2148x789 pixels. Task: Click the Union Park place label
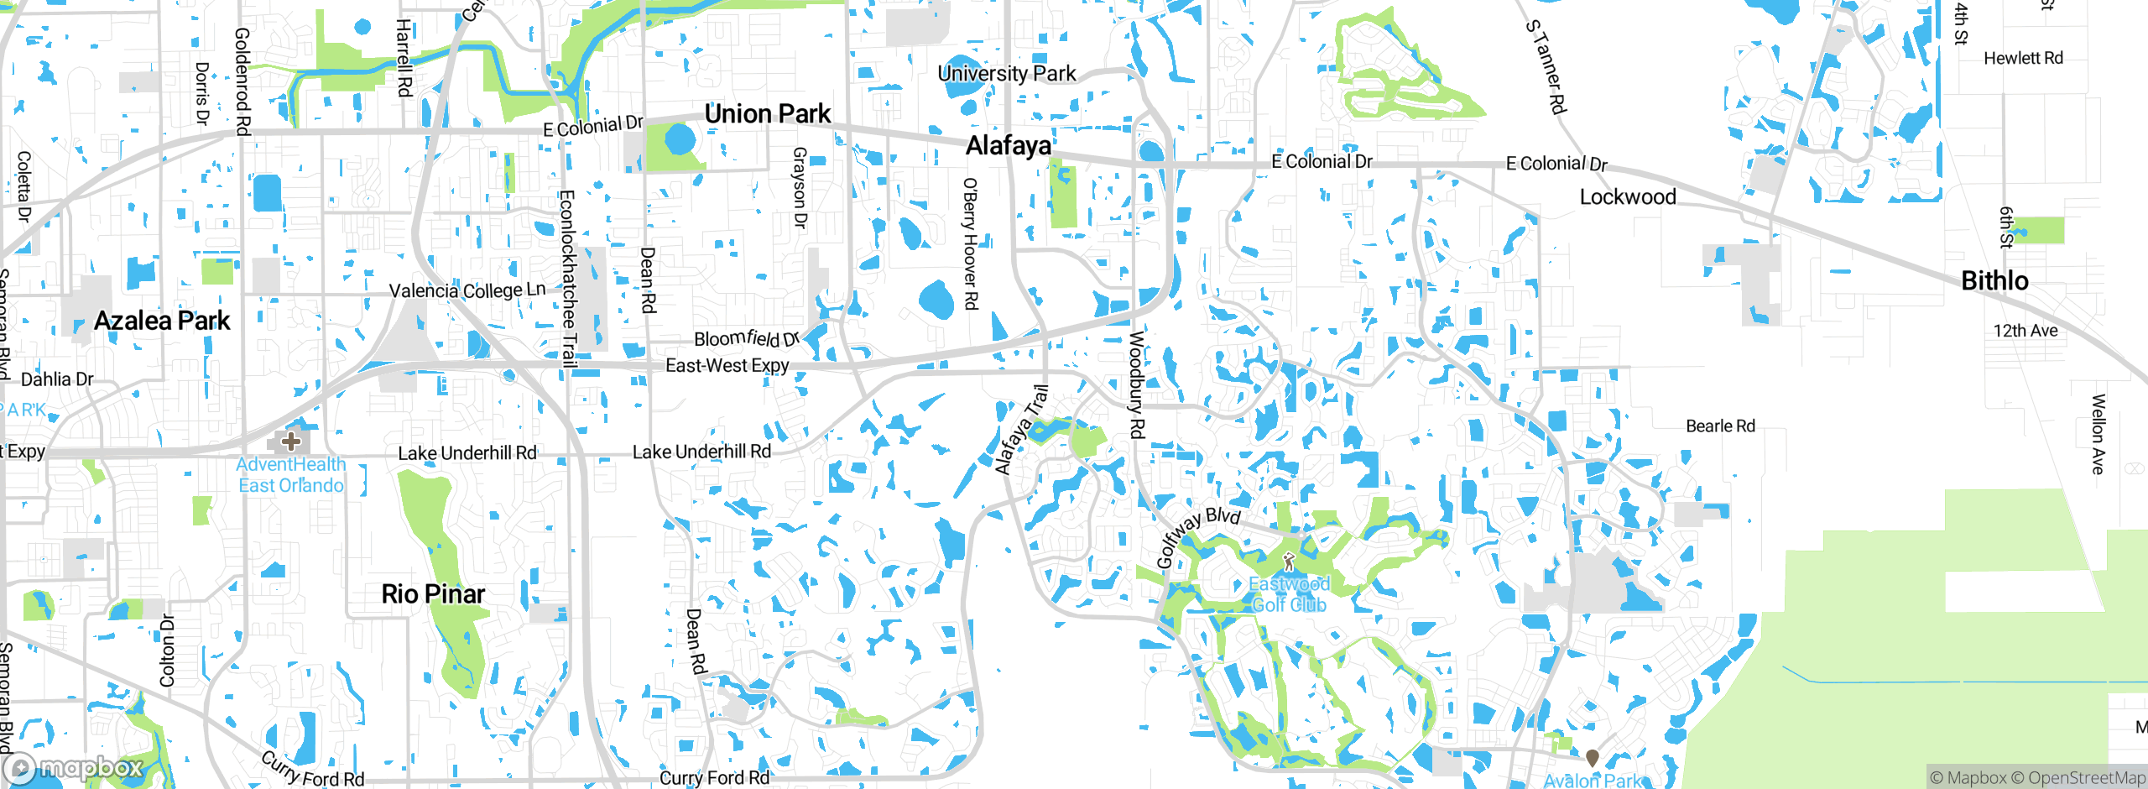[767, 113]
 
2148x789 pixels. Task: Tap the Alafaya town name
[1008, 145]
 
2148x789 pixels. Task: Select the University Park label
[1006, 73]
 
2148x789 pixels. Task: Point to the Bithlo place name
[1994, 280]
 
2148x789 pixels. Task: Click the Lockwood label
[1627, 196]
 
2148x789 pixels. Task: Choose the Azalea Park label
[162, 320]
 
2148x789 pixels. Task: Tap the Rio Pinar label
[433, 593]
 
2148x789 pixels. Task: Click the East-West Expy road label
[727, 365]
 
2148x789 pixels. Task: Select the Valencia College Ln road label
[467, 290]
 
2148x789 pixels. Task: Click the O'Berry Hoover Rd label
[970, 243]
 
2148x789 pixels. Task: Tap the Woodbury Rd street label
[1136, 384]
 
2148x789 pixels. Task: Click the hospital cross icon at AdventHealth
[290, 441]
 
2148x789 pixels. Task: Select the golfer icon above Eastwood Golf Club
[1289, 562]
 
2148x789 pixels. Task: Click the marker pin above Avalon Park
[1592, 758]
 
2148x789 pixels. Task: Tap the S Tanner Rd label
[1546, 66]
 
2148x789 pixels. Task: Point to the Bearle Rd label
[1720, 426]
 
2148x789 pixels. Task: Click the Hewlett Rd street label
[2023, 58]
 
